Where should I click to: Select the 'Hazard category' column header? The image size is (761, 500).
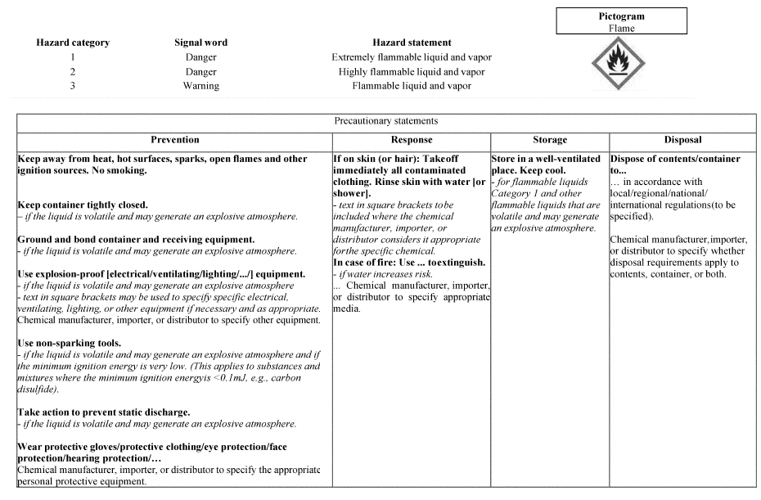tap(73, 43)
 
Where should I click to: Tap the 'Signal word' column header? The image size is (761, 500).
tap(200, 43)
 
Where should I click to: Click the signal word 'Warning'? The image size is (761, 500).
tap(200, 86)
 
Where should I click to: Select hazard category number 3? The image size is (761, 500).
tap(73, 86)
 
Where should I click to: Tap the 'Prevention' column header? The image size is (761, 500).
tap(174, 140)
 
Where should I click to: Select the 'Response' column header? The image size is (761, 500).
tap(412, 140)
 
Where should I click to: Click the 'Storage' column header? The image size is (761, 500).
tap(550, 140)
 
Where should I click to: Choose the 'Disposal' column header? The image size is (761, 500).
tap(682, 140)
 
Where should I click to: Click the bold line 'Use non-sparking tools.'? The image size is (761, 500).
tap(70, 343)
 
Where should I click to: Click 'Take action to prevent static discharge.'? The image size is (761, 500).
tap(103, 412)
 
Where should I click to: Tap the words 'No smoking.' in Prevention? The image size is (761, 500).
tap(118, 170)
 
